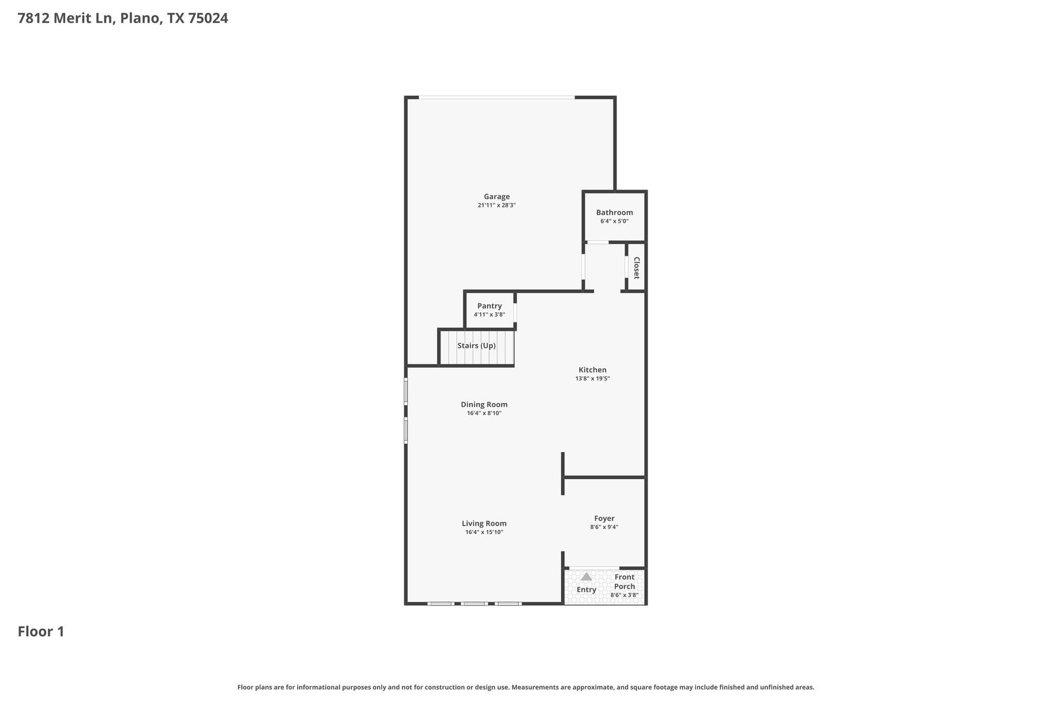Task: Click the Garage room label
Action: tap(497, 197)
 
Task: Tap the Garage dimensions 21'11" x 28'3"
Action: tap(497, 205)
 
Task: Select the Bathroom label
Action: tap(614, 213)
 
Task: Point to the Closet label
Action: tap(636, 268)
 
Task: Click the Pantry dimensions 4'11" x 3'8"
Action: tap(490, 315)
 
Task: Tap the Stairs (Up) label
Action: tap(477, 346)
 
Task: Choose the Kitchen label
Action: tap(592, 370)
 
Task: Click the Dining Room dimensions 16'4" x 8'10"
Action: tap(484, 413)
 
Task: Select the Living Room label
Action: tap(484, 524)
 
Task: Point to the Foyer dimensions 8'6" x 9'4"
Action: tap(604, 527)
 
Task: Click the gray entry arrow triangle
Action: tap(586, 577)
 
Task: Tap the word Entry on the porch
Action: tap(586, 590)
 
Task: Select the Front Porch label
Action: tap(625, 581)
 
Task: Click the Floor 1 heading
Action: tap(41, 632)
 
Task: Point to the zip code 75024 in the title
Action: tap(208, 18)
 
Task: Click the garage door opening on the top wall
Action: tap(496, 97)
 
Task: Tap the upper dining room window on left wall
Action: tap(406, 391)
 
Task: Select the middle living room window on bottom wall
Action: tap(474, 603)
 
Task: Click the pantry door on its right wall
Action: tap(515, 312)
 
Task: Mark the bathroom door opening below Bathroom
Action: tap(598, 242)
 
